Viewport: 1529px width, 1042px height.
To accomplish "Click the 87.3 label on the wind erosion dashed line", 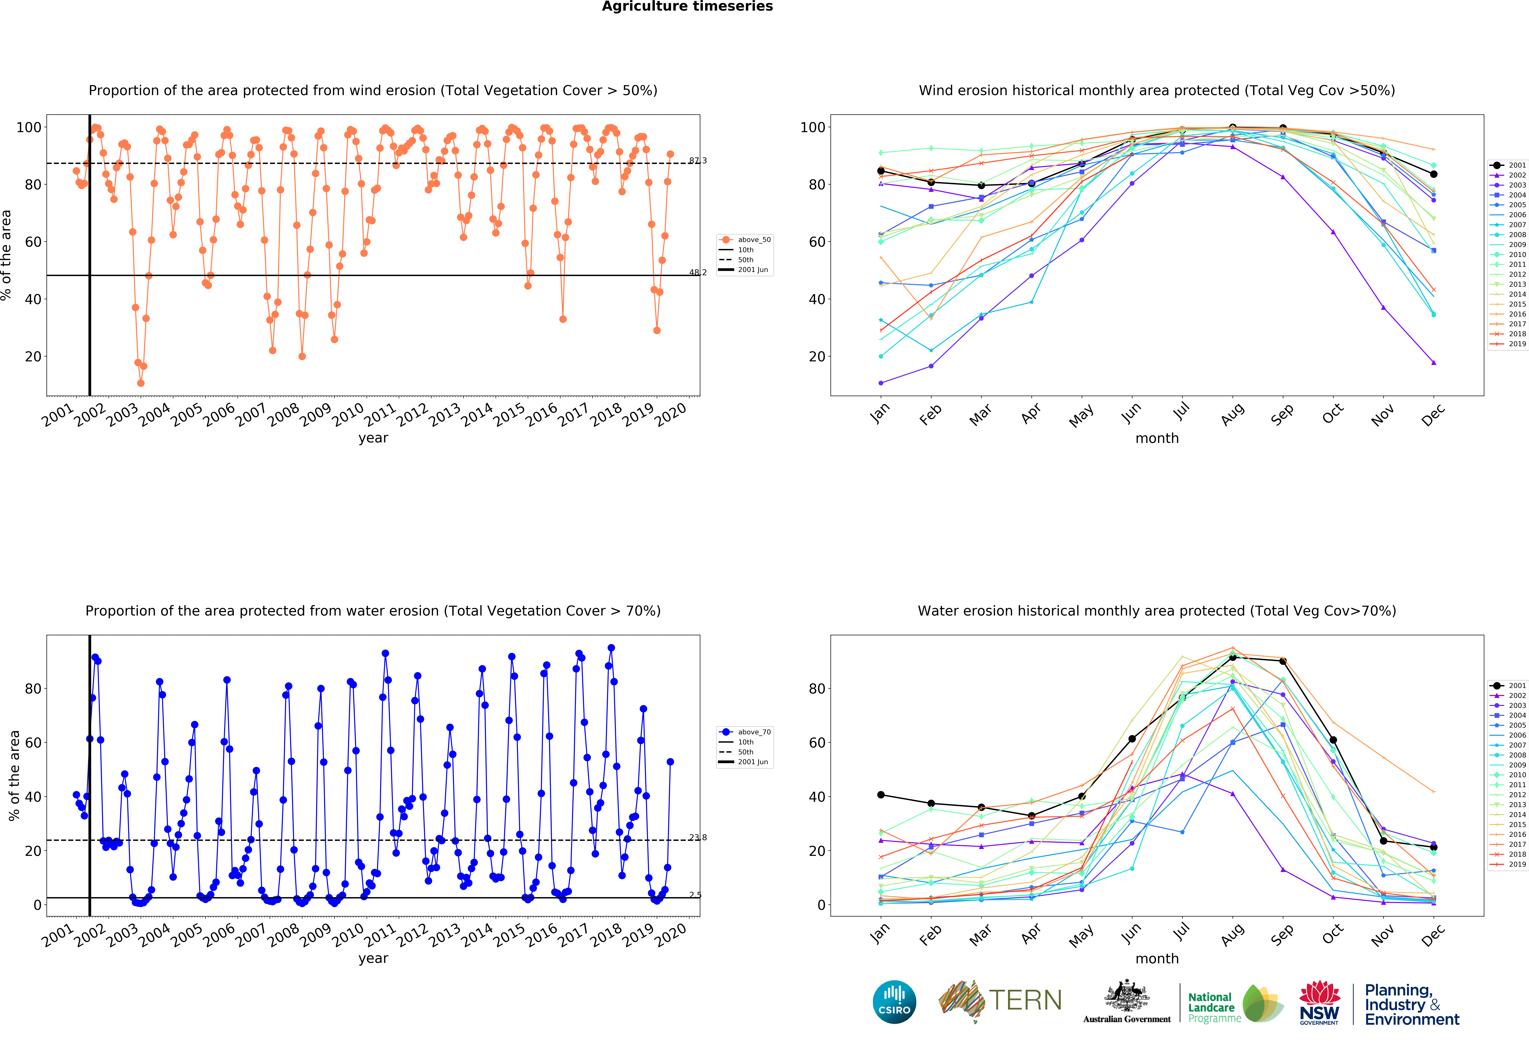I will pyautogui.click(x=698, y=161).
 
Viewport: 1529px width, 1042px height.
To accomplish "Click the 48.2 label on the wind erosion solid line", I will pyautogui.click(x=698, y=272).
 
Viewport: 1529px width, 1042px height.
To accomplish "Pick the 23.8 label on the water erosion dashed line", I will pyautogui.click(x=698, y=837).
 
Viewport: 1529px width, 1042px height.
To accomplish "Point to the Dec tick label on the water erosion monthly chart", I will pyautogui.click(x=1433, y=934).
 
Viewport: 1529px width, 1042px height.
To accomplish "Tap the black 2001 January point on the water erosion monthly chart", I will pyautogui.click(x=881, y=795).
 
